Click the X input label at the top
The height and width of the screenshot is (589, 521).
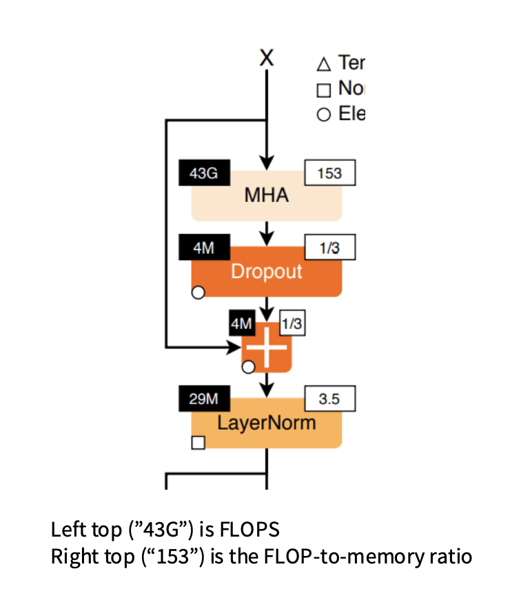click(x=266, y=58)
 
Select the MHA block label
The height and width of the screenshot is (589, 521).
click(x=266, y=195)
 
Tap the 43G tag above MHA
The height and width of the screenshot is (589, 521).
click(x=204, y=173)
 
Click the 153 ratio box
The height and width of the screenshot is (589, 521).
click(x=330, y=173)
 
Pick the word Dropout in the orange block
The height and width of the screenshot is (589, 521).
click(x=266, y=271)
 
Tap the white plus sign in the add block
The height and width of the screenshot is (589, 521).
click(x=267, y=348)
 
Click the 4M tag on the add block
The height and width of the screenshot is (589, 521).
click(x=241, y=323)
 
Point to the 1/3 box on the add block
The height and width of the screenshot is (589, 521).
click(x=292, y=323)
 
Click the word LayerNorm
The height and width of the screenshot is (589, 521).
click(x=266, y=422)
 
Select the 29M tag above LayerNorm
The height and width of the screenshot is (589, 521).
click(x=204, y=399)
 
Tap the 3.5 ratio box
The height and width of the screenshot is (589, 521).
click(x=330, y=399)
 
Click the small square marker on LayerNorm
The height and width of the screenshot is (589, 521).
click(x=198, y=442)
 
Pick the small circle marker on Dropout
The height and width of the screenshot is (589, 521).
click(x=198, y=293)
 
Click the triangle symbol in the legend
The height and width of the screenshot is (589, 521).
click(x=323, y=65)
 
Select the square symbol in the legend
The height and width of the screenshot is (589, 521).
click(x=323, y=90)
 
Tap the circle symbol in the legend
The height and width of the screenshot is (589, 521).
click(x=323, y=114)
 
